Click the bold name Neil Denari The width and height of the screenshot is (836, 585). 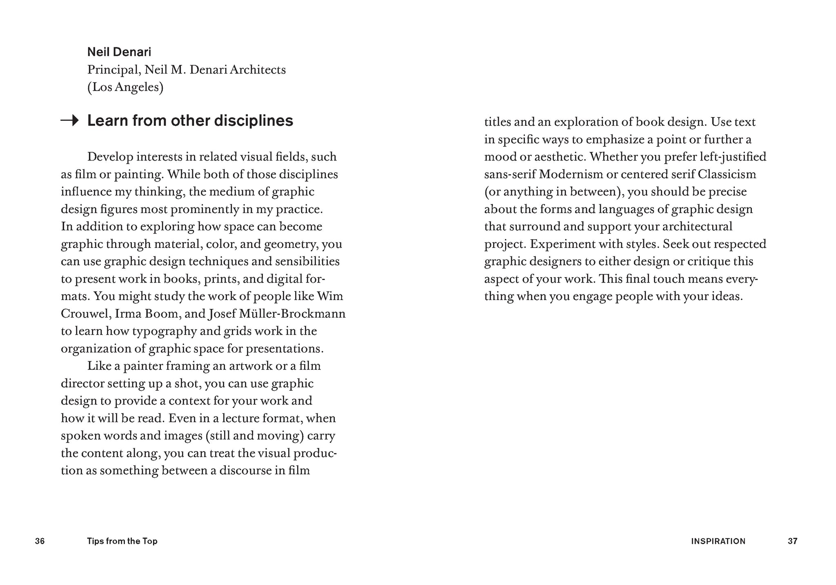point(119,52)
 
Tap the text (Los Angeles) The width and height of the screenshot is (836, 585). point(125,87)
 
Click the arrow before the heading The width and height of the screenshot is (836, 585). point(69,120)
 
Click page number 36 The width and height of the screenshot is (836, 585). point(40,541)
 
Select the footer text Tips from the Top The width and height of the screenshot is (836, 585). point(122,541)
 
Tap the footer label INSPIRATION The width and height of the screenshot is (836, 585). point(718,541)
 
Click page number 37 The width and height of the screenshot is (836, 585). point(792,541)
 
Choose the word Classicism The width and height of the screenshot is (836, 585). point(727,174)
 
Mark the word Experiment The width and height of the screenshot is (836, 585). point(563,244)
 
